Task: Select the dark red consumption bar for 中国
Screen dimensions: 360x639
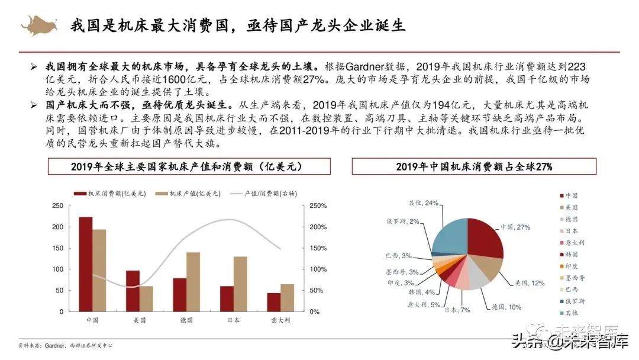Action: [x=85, y=264]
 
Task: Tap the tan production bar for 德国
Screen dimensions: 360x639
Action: [x=193, y=282]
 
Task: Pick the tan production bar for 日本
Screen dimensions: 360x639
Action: [x=240, y=284]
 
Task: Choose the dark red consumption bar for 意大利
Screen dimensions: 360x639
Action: [x=273, y=302]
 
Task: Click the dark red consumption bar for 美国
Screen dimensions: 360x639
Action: [x=133, y=291]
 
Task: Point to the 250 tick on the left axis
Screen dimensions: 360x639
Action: [x=57, y=206]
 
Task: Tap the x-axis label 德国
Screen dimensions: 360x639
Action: [x=186, y=320]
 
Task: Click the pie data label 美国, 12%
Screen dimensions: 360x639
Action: [x=529, y=283]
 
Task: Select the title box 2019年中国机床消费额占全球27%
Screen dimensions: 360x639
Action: [x=474, y=166]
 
